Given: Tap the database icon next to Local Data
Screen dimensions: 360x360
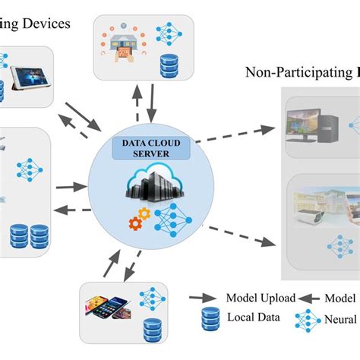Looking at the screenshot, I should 209,320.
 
